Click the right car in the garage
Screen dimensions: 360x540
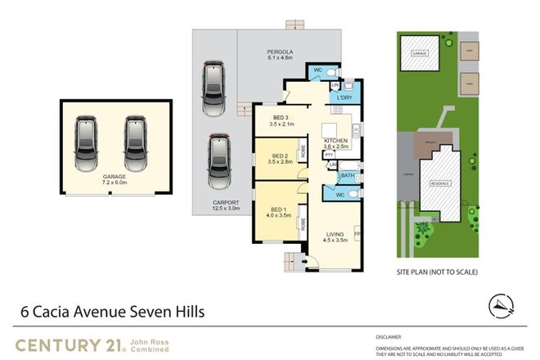pos(137,143)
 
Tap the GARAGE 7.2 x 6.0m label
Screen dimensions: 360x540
pos(116,180)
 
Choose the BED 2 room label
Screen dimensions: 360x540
pos(281,159)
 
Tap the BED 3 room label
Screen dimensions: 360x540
pos(281,120)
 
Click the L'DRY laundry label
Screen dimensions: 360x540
pos(344,98)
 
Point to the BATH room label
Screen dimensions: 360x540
pos(346,174)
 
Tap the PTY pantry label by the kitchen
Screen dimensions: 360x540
pos(328,153)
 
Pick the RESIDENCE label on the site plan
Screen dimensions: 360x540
pos(443,184)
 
